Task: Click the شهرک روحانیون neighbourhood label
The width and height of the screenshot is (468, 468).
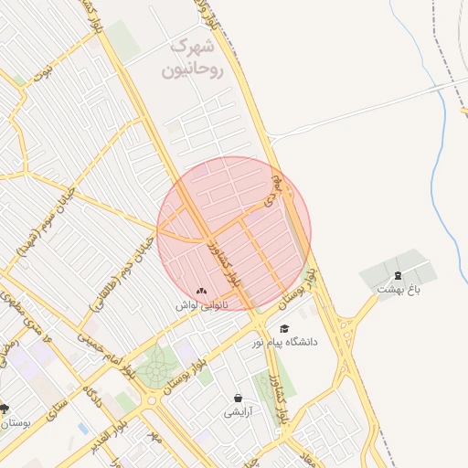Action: click(192, 57)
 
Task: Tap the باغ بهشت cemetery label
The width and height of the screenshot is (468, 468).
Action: click(398, 289)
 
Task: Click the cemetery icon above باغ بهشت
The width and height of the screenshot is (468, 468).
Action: click(398, 275)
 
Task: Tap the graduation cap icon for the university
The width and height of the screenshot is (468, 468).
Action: click(284, 328)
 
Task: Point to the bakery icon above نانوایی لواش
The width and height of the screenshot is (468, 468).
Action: click(201, 291)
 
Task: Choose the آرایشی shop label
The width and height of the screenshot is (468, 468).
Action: click(239, 412)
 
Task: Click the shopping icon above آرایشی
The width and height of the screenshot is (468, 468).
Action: click(239, 399)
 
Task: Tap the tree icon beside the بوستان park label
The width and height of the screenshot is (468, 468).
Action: click(5, 409)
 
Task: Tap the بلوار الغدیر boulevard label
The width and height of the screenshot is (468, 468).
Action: click(114, 430)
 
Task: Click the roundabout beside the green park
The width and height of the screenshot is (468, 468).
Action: click(151, 399)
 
